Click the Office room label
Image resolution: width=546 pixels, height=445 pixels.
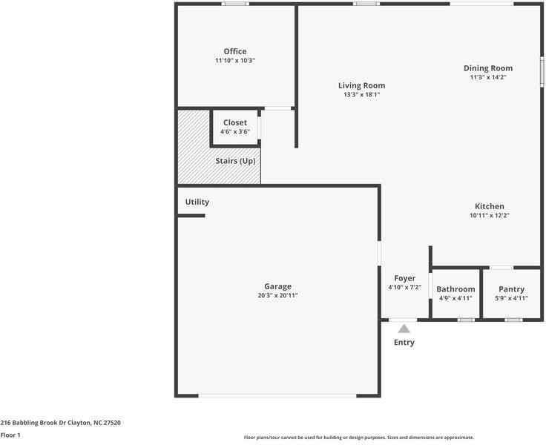coord(235,51)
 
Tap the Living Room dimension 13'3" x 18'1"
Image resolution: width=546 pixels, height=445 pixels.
coord(361,95)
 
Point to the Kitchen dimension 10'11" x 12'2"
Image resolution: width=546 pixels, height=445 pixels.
coord(489,216)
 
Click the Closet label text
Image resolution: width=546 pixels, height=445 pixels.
coord(235,122)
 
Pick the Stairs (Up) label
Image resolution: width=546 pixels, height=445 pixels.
coord(235,161)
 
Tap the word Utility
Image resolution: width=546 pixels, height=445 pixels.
coord(197,202)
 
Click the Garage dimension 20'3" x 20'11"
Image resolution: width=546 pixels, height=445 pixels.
coord(277,295)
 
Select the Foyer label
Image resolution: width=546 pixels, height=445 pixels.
coord(404,278)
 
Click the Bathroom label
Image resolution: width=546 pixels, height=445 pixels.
coord(455,289)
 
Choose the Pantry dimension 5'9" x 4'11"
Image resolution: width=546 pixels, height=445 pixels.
coord(511,298)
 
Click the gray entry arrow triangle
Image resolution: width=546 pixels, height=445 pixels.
coord(404,328)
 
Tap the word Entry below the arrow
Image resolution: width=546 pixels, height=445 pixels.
coord(404,343)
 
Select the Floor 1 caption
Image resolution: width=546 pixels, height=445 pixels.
coord(10,435)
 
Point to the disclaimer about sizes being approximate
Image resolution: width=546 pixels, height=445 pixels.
coord(359,438)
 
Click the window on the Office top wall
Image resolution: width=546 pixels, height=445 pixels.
coord(236,4)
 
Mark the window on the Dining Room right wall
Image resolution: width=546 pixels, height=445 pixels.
coord(542,72)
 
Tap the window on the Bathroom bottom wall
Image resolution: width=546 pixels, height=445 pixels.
coord(465,320)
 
